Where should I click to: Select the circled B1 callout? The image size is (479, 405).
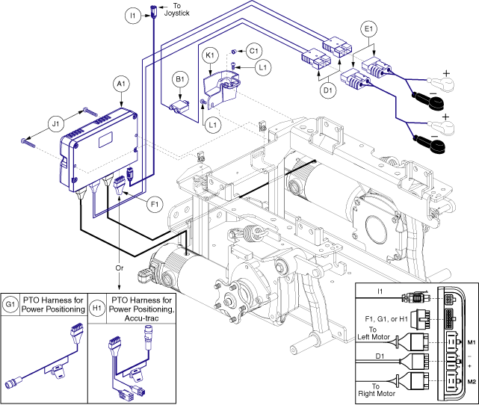pyautogui.click(x=180, y=80)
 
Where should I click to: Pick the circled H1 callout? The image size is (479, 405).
pyautogui.click(x=97, y=305)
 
